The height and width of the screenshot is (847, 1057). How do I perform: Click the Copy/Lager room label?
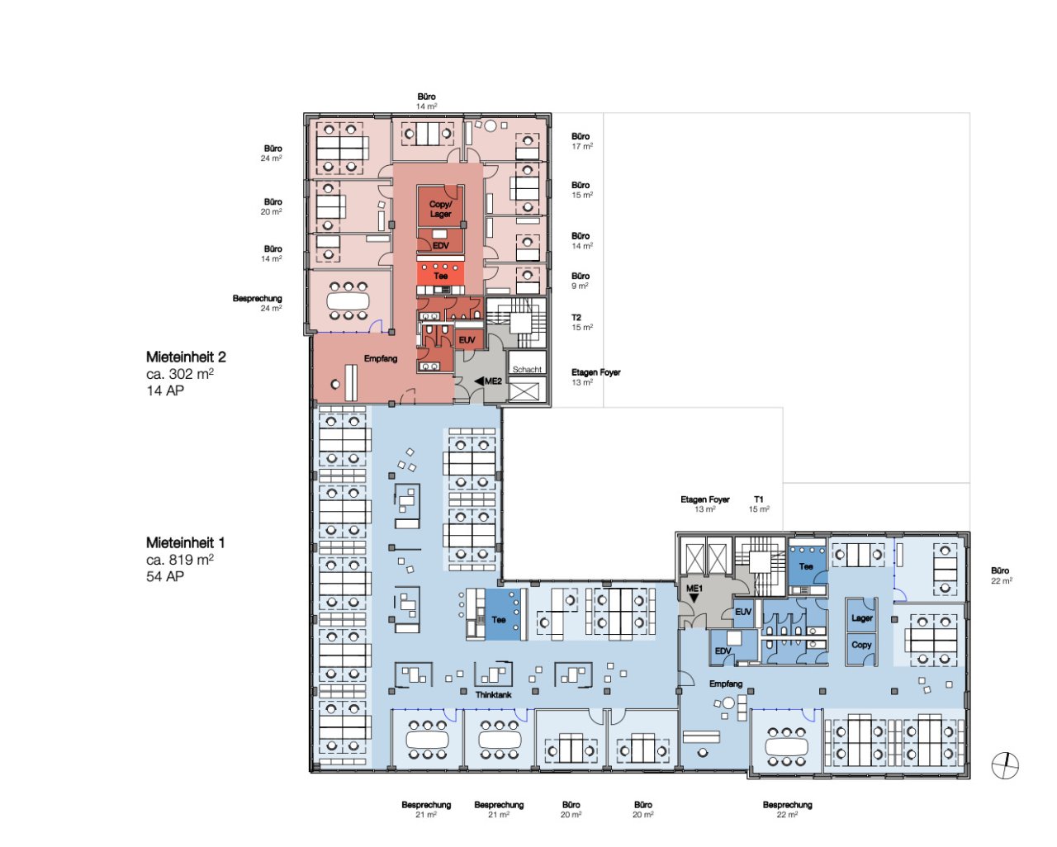pyautogui.click(x=441, y=209)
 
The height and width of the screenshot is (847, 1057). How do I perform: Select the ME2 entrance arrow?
pyautogui.click(x=479, y=381)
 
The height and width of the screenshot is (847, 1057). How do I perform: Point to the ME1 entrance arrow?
pyautogui.click(x=694, y=598)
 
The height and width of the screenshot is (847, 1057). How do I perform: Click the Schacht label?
pyautogui.click(x=527, y=369)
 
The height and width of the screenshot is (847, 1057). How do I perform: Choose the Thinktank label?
pyautogui.click(x=494, y=695)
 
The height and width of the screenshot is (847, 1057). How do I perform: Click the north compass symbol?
pyautogui.click(x=1005, y=765)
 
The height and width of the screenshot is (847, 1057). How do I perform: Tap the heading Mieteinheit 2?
pyautogui.click(x=186, y=357)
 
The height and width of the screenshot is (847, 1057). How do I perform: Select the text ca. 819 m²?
pyautogui.click(x=180, y=560)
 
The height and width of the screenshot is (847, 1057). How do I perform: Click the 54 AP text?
pyautogui.click(x=165, y=576)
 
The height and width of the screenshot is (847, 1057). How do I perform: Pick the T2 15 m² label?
pyautogui.click(x=582, y=322)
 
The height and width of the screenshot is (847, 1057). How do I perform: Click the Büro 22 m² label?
pyautogui.click(x=1002, y=575)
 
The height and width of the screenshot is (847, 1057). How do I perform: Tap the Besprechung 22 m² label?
pyautogui.click(x=787, y=810)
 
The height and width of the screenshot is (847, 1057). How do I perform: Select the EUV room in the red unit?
pyautogui.click(x=467, y=340)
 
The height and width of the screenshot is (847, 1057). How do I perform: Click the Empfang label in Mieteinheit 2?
pyautogui.click(x=381, y=358)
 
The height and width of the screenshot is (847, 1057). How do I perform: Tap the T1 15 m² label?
pyautogui.click(x=759, y=504)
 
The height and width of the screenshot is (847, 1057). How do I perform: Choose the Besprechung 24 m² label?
pyautogui.click(x=258, y=303)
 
